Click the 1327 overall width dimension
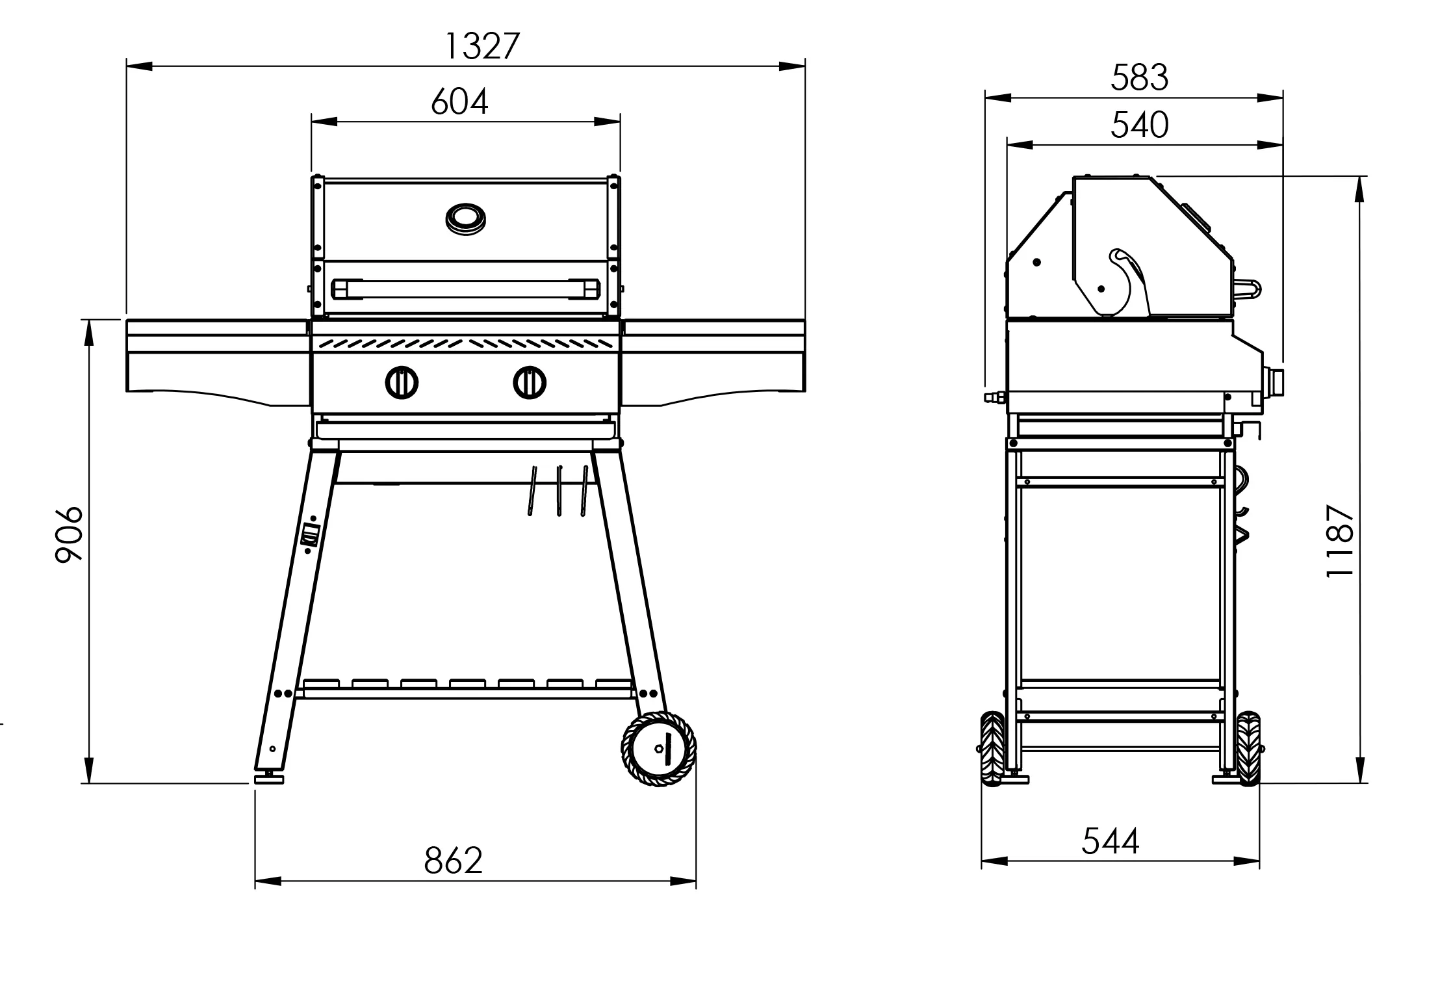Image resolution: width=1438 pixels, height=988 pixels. click(x=482, y=46)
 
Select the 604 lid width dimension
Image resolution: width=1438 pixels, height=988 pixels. click(x=459, y=102)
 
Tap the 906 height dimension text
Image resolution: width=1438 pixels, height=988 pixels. click(x=69, y=534)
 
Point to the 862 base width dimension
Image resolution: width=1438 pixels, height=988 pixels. click(x=453, y=860)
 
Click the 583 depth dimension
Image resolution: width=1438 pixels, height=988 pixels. click(x=1139, y=77)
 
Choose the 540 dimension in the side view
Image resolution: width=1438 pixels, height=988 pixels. click(x=1139, y=125)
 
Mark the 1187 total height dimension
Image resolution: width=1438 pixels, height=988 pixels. click(x=1340, y=540)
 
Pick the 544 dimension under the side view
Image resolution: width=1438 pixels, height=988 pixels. click(x=1111, y=841)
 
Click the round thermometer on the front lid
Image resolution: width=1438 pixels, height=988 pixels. click(x=466, y=219)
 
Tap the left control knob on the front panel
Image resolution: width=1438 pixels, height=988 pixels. click(x=402, y=382)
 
